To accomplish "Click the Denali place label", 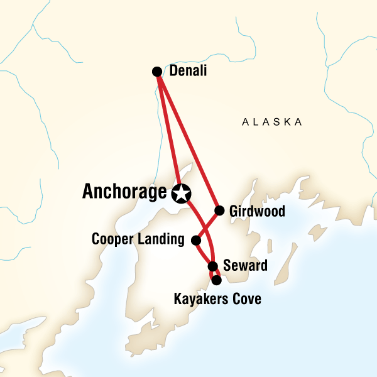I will point(188,72).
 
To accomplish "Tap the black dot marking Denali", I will point(157,72).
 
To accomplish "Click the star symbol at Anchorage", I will point(181,194).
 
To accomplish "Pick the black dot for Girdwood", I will point(219,210).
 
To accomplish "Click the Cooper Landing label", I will point(138,239).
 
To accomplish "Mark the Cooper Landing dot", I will point(195,240).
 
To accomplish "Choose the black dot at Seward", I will point(212,266).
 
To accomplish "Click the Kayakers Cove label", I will point(217,298).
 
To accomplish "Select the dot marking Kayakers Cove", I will point(217,280).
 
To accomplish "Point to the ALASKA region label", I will point(272,122).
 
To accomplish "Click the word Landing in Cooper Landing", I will point(162,240).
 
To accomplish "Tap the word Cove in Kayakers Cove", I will point(246,298).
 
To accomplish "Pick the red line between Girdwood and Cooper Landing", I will point(207,225).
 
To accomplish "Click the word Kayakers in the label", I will point(201,298).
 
